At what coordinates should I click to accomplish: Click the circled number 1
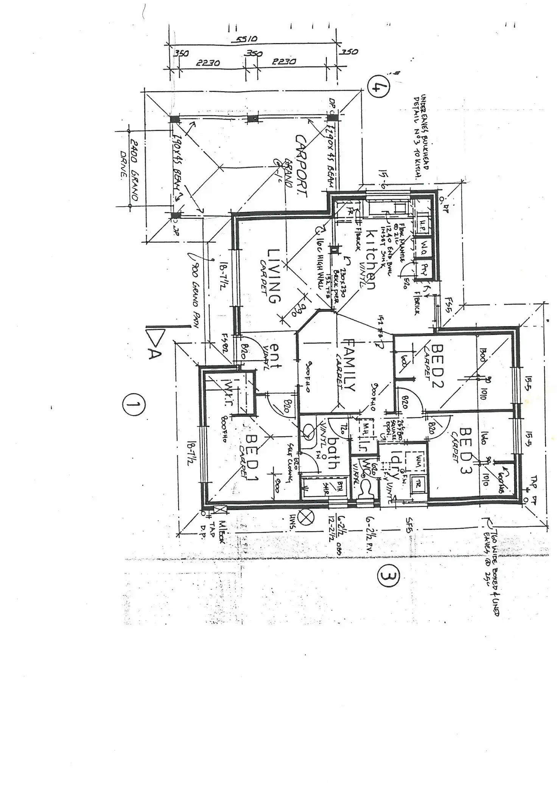pyautogui.click(x=134, y=405)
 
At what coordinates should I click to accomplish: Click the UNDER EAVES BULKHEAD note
pyautogui.click(x=420, y=136)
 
